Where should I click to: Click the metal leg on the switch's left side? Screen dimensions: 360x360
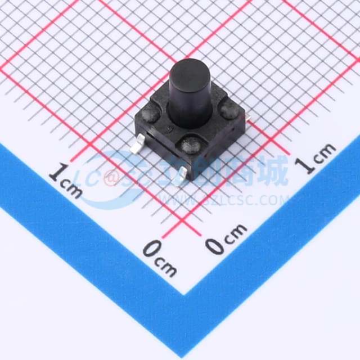pos(137,147)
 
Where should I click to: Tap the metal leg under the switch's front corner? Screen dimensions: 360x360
pos(179,179)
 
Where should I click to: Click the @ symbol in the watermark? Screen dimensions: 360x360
pos(111,178)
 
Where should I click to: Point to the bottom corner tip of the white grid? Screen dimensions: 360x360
pos(186,293)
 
